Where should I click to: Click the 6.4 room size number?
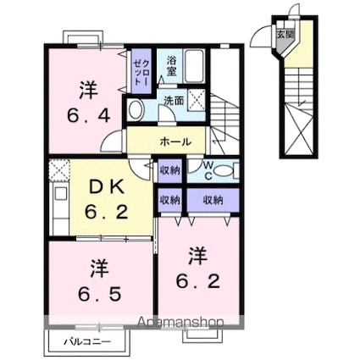86,114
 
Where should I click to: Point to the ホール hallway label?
175,141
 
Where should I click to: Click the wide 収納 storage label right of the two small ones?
213,200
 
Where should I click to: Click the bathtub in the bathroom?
196,66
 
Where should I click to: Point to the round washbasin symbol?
136,108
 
